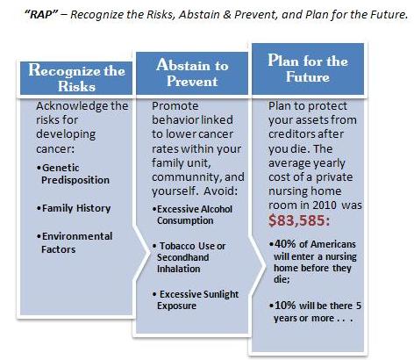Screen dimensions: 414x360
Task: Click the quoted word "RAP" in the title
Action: click(42, 14)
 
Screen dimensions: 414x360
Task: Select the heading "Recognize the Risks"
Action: click(76, 78)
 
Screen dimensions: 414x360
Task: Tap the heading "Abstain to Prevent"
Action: click(192, 73)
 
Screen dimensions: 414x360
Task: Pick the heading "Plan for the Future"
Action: click(308, 68)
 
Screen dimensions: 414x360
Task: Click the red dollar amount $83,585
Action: click(299, 220)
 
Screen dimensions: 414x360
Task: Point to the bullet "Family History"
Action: click(74, 208)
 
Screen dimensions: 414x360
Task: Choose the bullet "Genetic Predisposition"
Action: click(73, 174)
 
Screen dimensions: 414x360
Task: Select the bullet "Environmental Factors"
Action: click(75, 242)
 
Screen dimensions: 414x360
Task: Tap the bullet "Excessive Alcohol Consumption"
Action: click(192, 215)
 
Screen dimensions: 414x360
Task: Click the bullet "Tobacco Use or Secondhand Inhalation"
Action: click(189, 257)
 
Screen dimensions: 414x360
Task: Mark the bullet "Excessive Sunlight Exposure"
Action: click(196, 299)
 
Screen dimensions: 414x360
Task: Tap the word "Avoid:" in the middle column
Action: click(221, 191)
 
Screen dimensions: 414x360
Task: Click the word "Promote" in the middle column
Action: click(175, 105)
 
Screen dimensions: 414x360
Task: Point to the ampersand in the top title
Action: click(227, 14)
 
